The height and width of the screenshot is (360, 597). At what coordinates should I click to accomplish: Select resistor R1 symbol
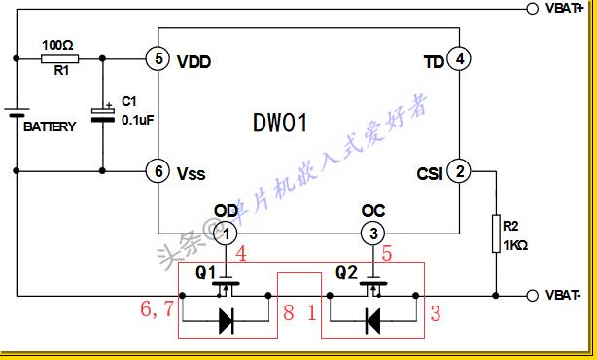pyautogui.click(x=60, y=58)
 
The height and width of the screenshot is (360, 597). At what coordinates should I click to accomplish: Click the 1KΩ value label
pyautogui.click(x=514, y=246)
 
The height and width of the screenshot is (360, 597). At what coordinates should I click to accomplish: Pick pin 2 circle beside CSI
pyautogui.click(x=460, y=172)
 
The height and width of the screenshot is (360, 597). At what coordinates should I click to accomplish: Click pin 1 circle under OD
pyautogui.click(x=226, y=234)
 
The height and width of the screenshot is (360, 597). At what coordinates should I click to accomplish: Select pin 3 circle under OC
pyautogui.click(x=372, y=234)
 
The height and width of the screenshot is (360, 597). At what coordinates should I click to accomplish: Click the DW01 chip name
pyautogui.click(x=280, y=124)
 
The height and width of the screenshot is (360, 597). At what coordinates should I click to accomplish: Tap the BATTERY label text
pyautogui.click(x=50, y=127)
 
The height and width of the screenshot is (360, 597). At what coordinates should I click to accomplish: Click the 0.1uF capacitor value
pyautogui.click(x=136, y=120)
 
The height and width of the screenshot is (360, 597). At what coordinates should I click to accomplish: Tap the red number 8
pyautogui.click(x=289, y=312)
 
